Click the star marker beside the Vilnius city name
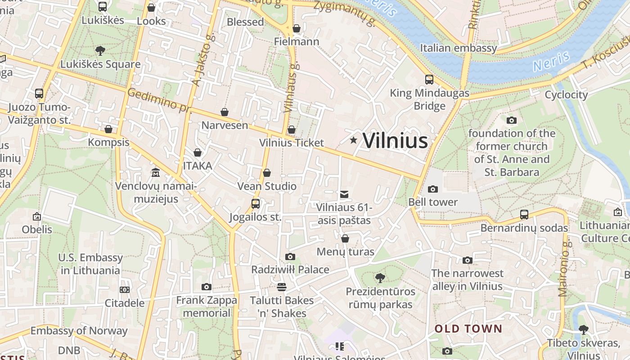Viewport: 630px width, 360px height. point(354,140)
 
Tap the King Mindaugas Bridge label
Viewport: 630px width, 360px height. point(429,99)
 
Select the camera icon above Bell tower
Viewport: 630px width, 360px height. point(433,189)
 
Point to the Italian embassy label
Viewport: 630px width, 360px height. point(459,48)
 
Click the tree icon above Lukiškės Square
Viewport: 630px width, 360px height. point(100,50)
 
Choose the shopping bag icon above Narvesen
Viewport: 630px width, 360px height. point(225,112)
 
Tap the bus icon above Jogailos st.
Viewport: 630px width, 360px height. point(256,204)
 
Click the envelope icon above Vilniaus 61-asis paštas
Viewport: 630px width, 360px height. point(344,194)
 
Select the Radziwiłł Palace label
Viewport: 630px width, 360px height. point(290,270)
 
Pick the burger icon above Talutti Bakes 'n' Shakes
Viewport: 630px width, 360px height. point(282,287)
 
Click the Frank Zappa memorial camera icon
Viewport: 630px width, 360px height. point(207,287)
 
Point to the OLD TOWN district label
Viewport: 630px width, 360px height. point(468,329)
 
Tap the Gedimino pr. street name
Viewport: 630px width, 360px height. point(159,101)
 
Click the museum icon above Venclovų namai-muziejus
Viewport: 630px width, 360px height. point(156,172)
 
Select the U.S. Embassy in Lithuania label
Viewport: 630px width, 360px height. point(90,264)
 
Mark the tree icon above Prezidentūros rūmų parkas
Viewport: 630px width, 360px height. point(380,278)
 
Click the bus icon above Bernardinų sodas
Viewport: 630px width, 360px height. point(524,214)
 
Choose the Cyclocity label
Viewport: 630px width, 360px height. point(566,94)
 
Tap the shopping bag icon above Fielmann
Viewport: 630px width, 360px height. point(297,29)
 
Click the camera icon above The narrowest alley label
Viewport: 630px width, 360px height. point(468,260)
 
